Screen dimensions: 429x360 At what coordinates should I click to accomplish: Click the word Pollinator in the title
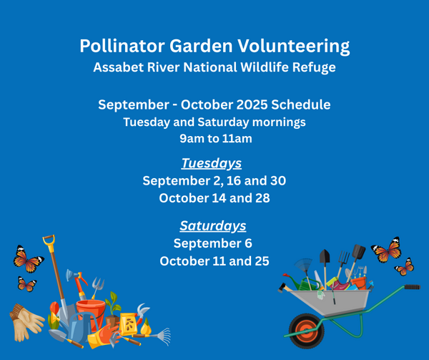[122, 46]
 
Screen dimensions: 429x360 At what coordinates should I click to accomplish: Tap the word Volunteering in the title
[293, 47]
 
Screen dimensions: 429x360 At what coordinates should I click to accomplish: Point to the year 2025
[252, 105]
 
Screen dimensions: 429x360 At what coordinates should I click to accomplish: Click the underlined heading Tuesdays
[212, 164]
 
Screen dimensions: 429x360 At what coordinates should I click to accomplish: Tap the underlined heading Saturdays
[213, 226]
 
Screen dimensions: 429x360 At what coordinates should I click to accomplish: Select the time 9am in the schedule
[192, 139]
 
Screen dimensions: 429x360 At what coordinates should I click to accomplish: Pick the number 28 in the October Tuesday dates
[262, 198]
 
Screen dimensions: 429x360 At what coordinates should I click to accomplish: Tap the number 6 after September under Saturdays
[248, 243]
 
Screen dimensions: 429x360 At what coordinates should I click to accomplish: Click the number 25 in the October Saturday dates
[262, 261]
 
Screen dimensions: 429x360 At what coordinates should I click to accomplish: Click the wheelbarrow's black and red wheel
[306, 331]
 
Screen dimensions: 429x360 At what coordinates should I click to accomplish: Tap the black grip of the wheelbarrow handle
[413, 287]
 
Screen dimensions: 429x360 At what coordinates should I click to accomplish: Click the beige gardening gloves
[26, 322]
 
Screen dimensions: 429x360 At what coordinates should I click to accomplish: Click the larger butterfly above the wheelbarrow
[387, 250]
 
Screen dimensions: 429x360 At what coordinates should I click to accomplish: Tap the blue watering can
[79, 328]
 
